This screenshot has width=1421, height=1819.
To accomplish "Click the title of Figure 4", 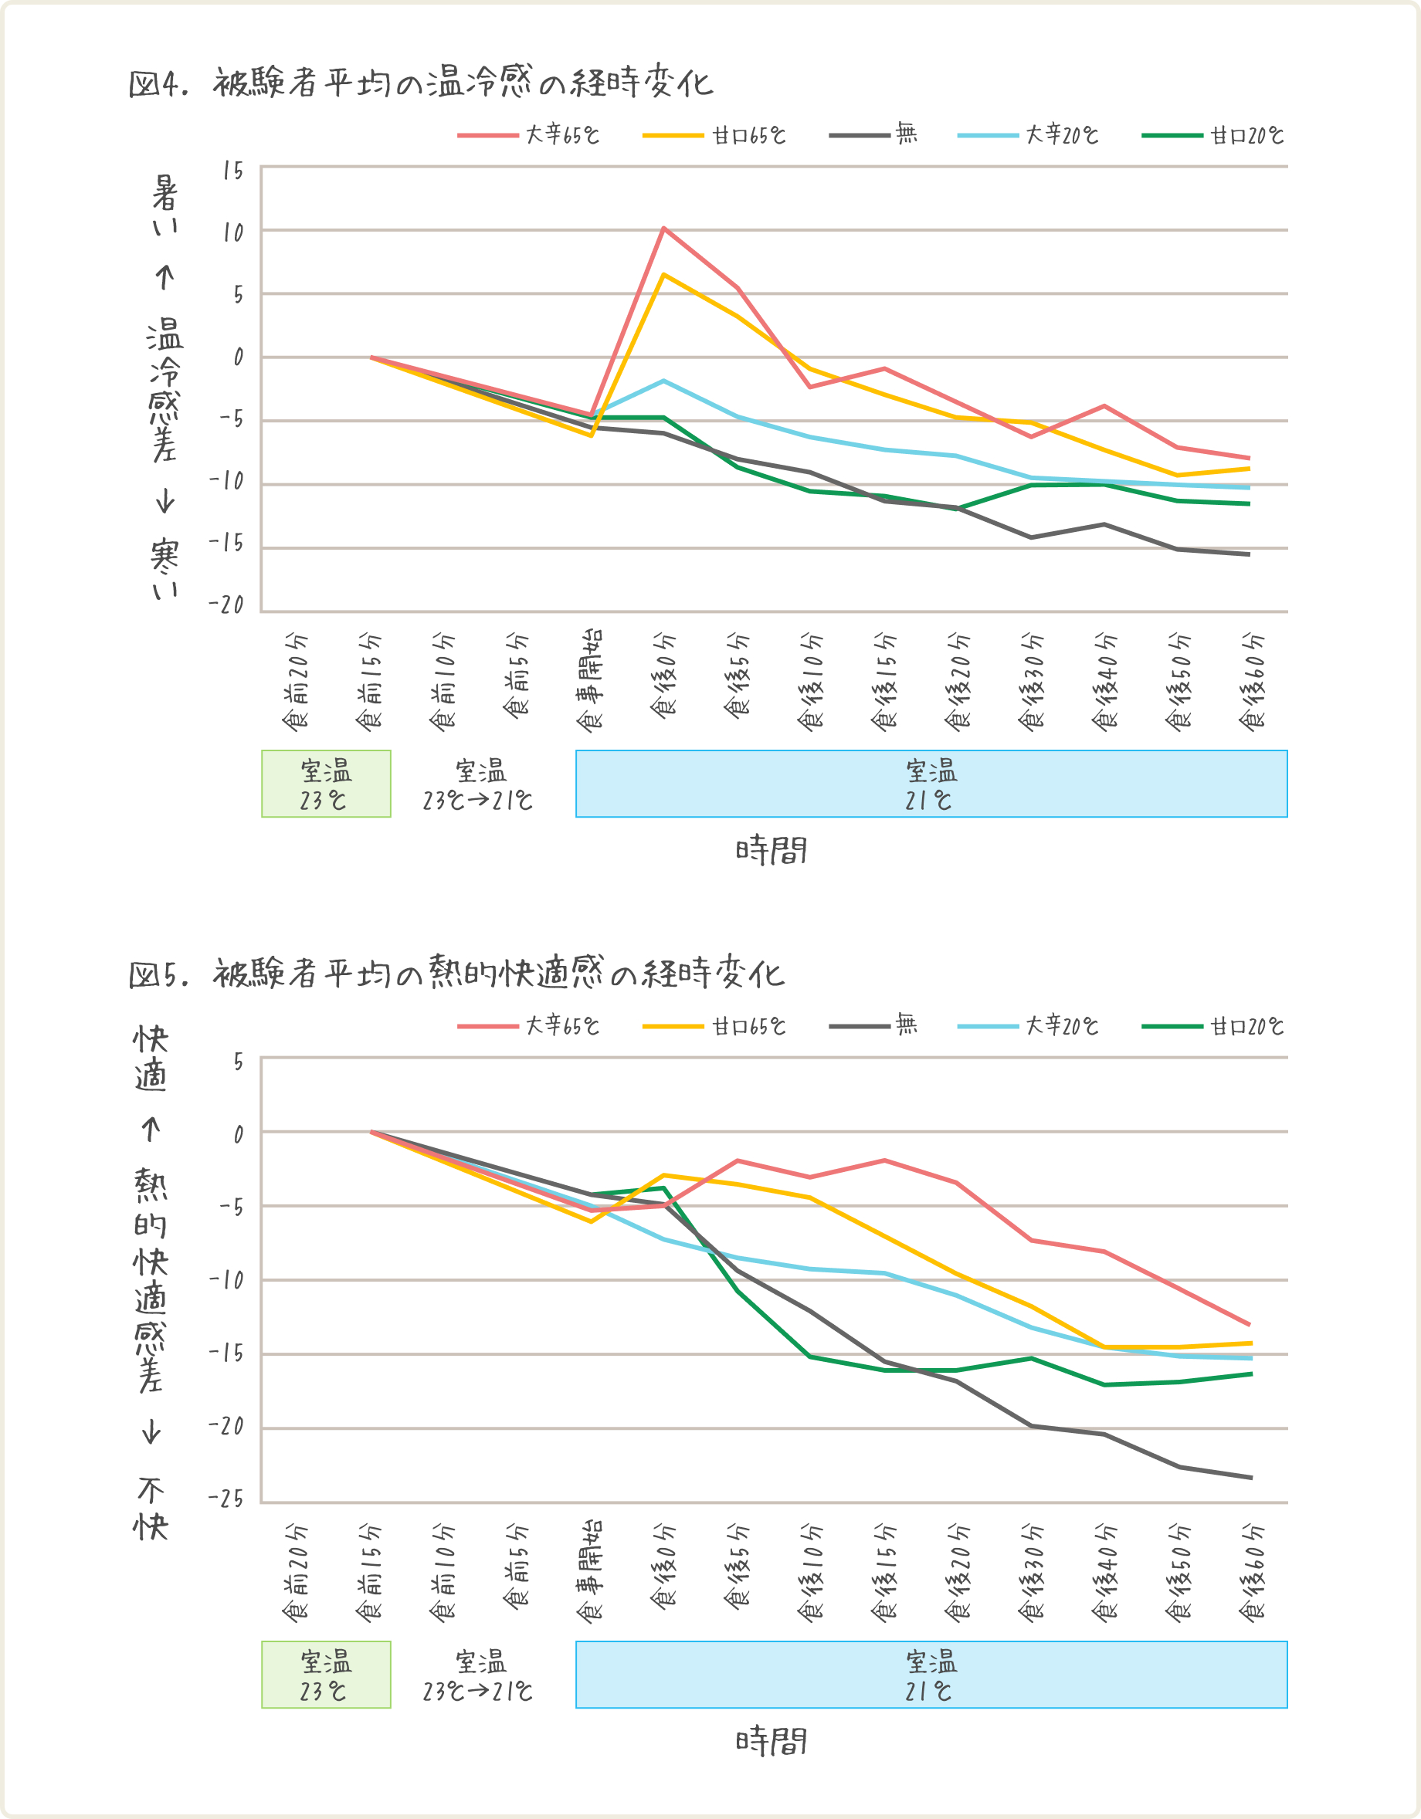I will point(421,83).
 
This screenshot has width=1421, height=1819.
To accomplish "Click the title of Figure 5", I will point(456,973).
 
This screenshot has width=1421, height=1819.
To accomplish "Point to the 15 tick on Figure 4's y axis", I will point(233,171).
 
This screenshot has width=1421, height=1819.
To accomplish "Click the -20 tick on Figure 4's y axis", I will point(227,605).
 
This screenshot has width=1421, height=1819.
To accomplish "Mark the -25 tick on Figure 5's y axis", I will point(227,1499).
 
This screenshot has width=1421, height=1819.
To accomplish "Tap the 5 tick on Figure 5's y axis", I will point(238,1062).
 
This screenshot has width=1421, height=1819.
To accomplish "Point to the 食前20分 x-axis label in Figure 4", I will point(297,683).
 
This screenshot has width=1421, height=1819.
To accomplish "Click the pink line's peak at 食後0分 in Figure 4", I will point(664,227).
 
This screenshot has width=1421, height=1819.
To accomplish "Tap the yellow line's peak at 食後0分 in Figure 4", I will point(664,274).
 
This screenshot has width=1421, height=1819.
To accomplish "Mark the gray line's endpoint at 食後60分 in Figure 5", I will point(1251,1478).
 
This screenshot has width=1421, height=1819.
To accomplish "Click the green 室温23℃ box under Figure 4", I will point(326,784).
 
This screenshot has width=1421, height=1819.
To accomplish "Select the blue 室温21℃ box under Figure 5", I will point(931,1674).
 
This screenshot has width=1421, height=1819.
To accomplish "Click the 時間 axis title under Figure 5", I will point(772,1741).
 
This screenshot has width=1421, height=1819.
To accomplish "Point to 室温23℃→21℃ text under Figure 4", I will point(478,784).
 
